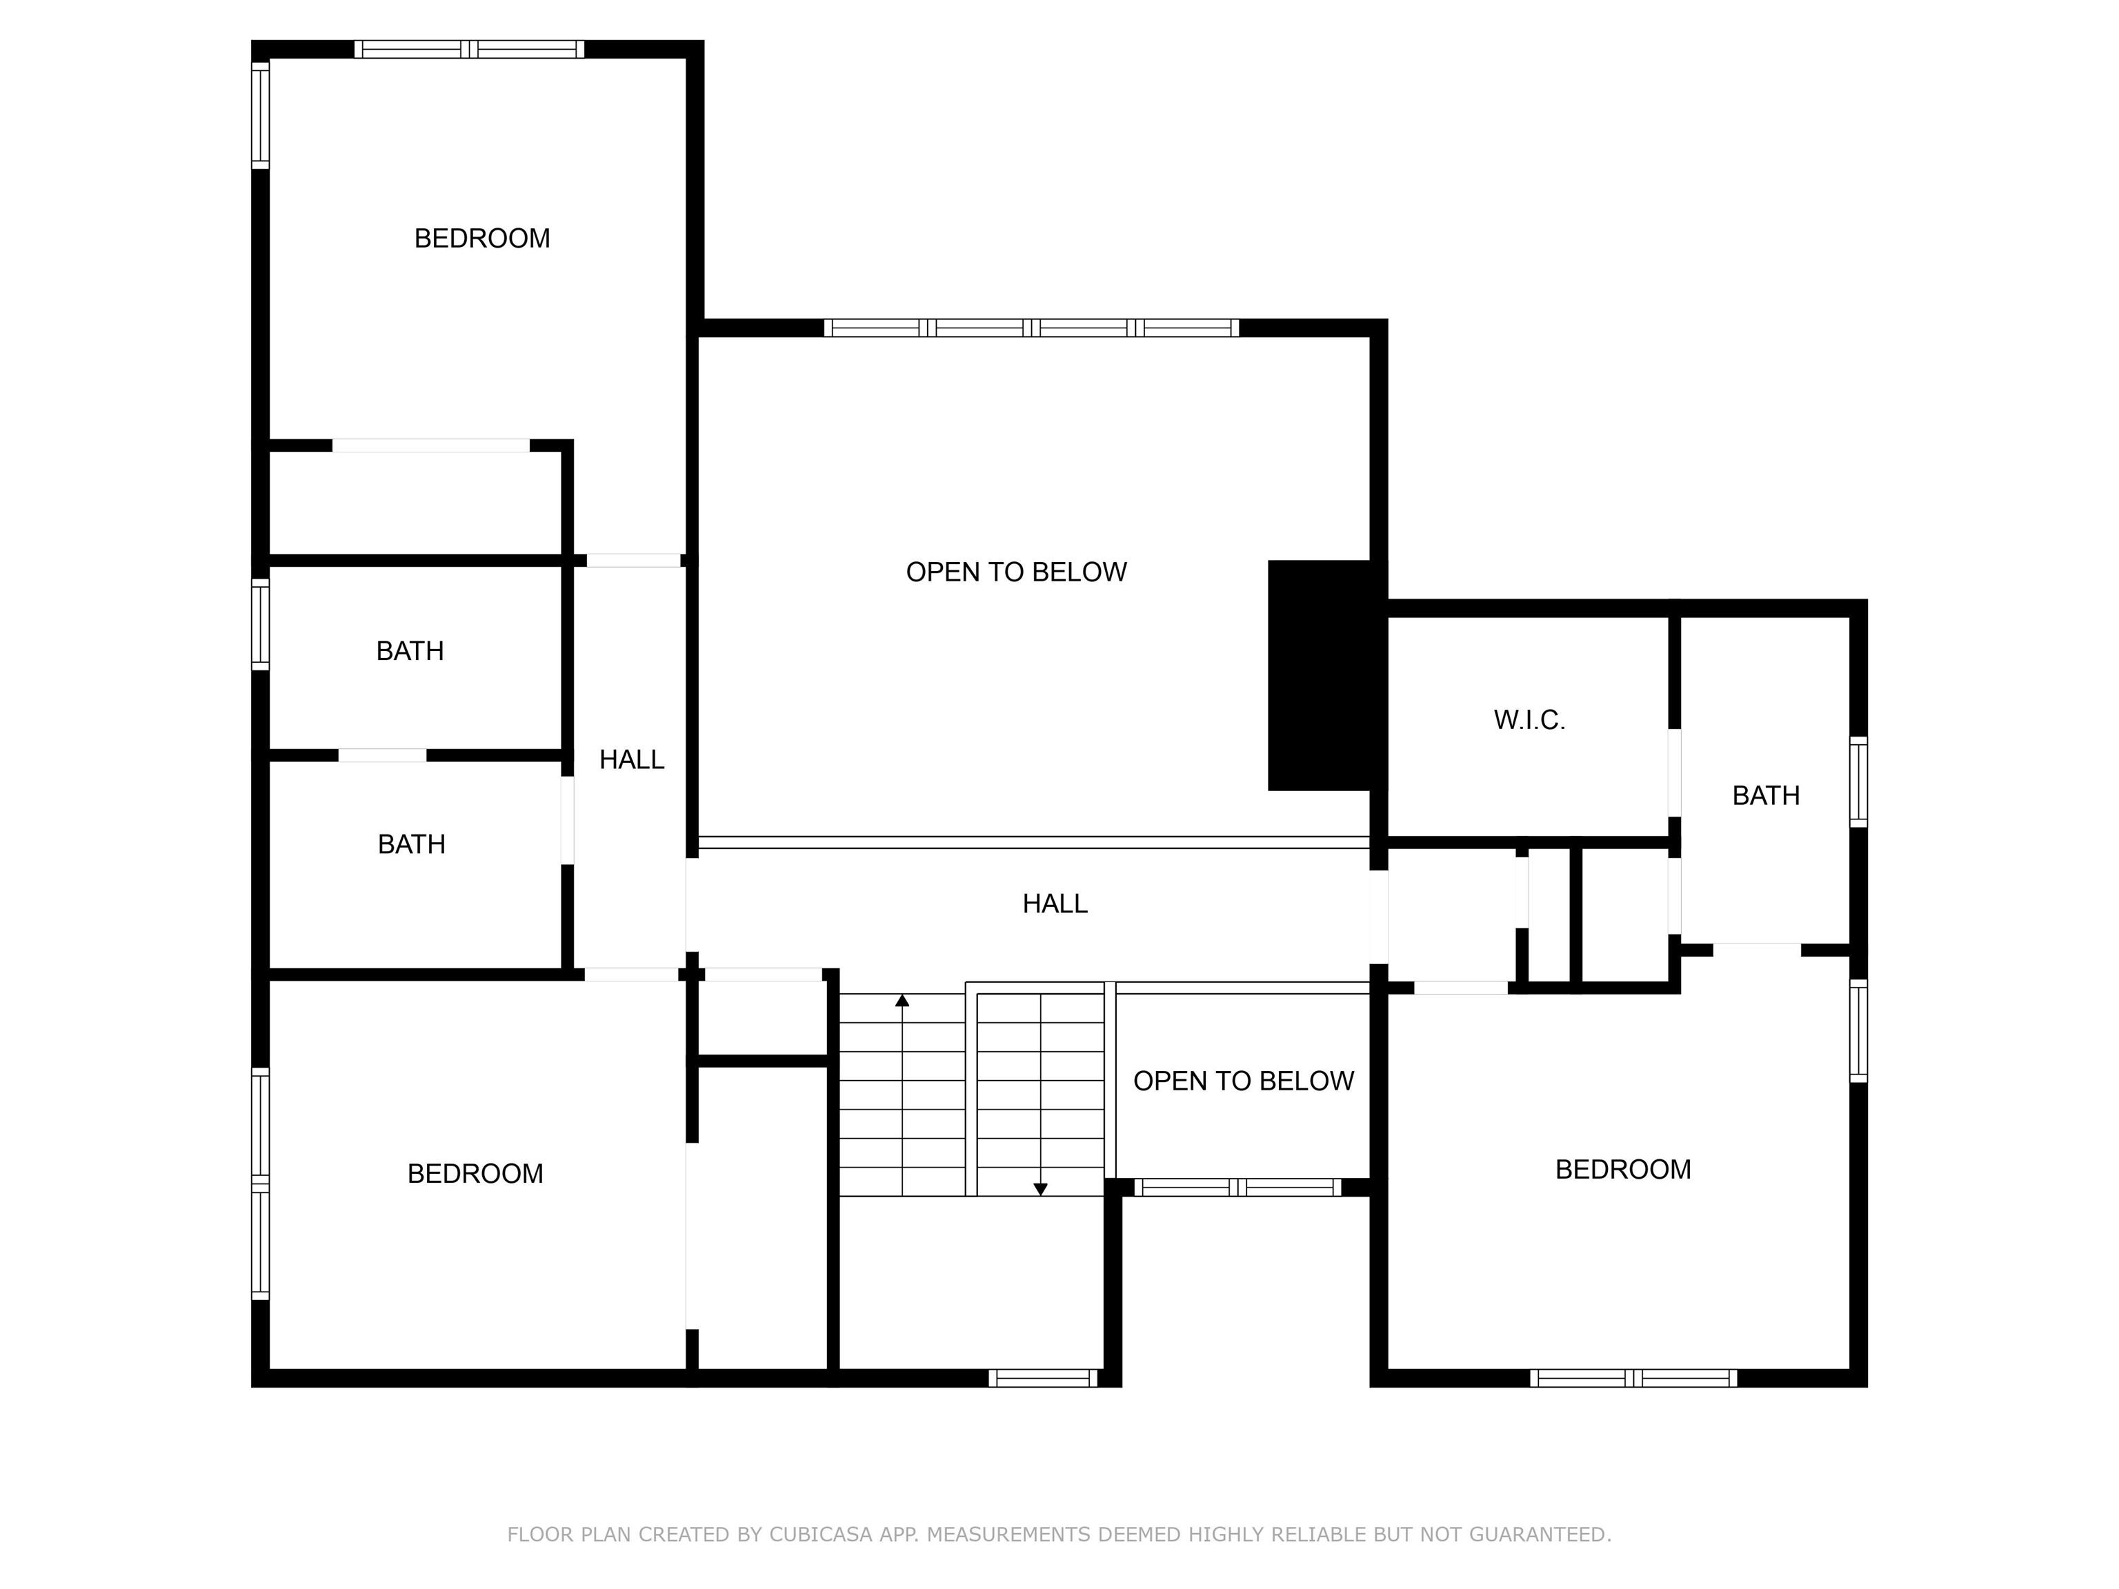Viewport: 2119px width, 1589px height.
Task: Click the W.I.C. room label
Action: click(1529, 720)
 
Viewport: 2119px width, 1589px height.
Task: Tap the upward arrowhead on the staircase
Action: click(902, 1001)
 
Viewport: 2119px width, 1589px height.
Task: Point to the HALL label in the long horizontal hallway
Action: click(1055, 904)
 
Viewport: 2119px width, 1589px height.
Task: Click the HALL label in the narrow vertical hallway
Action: click(631, 759)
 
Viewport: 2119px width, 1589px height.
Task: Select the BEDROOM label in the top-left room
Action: click(482, 239)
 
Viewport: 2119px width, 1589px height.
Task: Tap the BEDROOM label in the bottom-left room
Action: click(475, 1173)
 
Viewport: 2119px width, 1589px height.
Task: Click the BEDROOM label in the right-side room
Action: click(1623, 1170)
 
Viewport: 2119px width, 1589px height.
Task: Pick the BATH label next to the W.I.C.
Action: click(1766, 796)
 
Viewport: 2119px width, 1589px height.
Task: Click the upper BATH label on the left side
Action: click(410, 651)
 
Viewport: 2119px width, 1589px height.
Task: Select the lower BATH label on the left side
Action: click(411, 844)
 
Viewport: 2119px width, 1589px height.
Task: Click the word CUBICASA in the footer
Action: click(820, 1535)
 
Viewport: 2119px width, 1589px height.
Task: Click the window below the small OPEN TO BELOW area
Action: click(1237, 1188)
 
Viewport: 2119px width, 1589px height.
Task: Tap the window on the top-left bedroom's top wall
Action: click(470, 49)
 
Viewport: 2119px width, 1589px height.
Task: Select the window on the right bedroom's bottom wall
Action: click(1633, 1378)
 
